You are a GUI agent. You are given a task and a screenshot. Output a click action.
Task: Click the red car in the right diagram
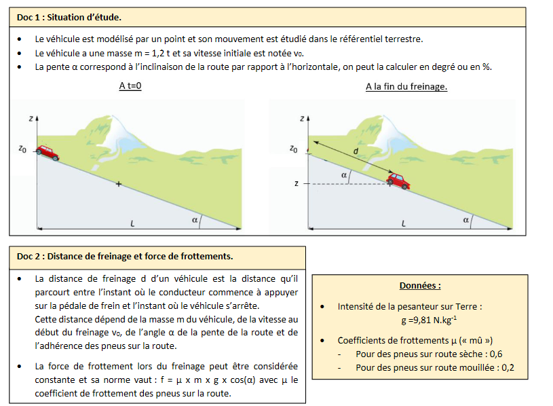point(398,181)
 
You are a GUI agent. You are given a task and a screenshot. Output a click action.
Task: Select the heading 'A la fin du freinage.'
point(406,86)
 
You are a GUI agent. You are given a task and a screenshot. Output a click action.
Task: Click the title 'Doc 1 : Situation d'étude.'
point(64,16)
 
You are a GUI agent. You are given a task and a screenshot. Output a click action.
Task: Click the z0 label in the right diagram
point(292,149)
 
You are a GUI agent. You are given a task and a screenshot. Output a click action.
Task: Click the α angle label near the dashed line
point(344,175)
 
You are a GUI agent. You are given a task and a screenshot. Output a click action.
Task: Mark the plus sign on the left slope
point(118,184)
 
